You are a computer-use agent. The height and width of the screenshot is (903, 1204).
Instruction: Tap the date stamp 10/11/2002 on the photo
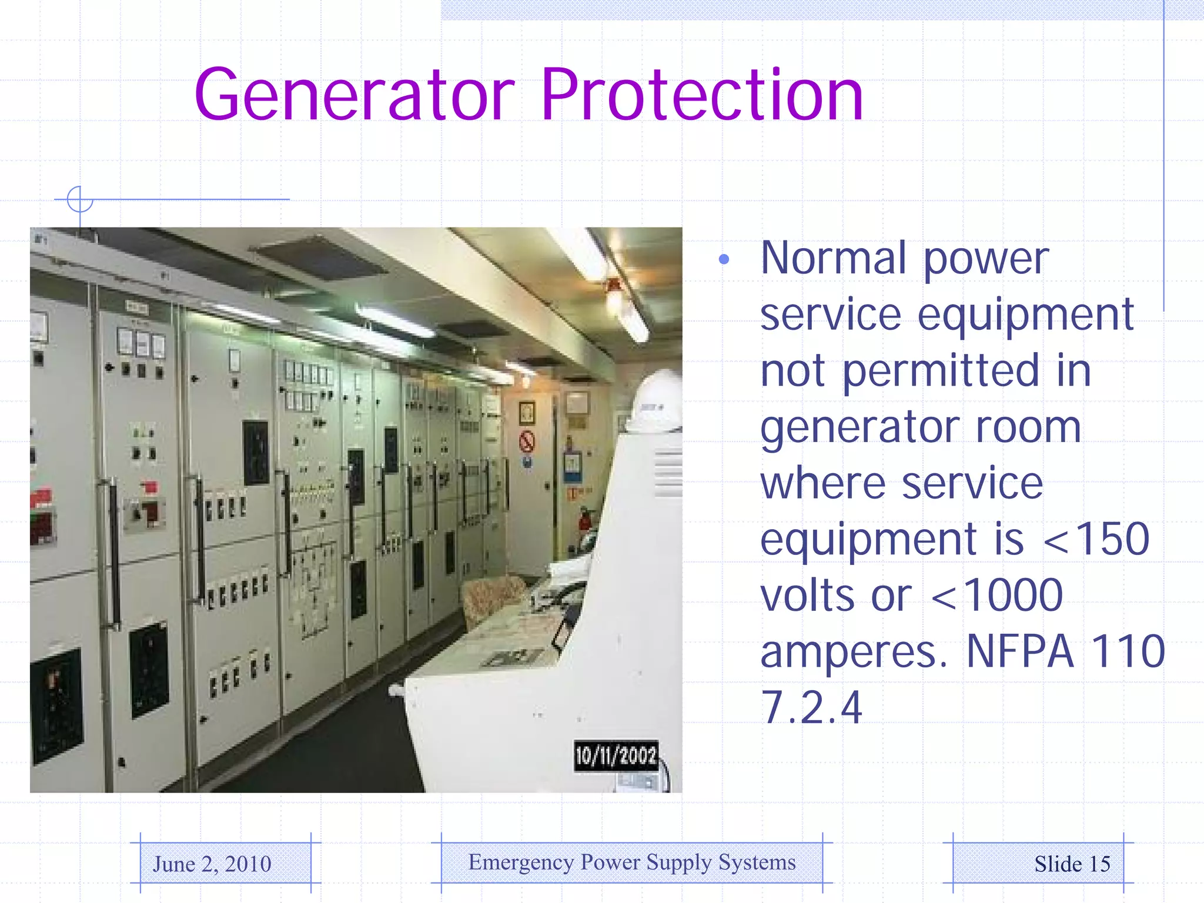pyautogui.click(x=616, y=755)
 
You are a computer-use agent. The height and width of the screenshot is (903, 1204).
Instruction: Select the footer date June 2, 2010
pyautogui.click(x=212, y=864)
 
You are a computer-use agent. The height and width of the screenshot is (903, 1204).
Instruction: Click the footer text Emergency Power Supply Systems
pyautogui.click(x=632, y=862)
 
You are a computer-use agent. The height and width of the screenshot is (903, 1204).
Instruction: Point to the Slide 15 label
pyautogui.click(x=1072, y=864)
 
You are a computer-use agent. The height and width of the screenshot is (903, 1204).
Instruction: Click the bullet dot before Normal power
pyautogui.click(x=724, y=259)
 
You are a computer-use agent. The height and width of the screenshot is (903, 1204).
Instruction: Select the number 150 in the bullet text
pyautogui.click(x=1112, y=539)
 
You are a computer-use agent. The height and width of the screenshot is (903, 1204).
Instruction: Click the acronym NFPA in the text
pyautogui.click(x=1020, y=651)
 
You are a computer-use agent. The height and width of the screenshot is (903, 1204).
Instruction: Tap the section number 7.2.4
pyautogui.click(x=811, y=707)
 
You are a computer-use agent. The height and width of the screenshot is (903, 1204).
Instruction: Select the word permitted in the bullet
pyautogui.click(x=941, y=372)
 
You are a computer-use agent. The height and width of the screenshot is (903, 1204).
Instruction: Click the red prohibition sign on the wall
pyautogui.click(x=527, y=441)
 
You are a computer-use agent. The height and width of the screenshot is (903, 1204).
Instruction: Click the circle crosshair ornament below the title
pyautogui.click(x=80, y=199)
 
